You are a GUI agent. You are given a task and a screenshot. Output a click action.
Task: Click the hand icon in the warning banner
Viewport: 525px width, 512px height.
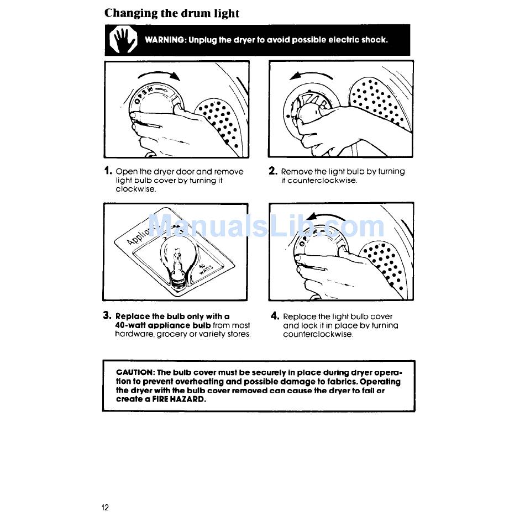(123, 40)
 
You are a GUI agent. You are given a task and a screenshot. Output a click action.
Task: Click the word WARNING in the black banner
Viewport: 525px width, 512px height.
(165, 40)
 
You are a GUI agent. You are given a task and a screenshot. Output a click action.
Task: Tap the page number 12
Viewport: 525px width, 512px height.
(105, 508)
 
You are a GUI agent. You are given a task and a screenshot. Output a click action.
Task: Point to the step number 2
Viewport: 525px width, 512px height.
(273, 171)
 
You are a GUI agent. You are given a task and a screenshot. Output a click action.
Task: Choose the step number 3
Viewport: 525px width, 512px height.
(107, 315)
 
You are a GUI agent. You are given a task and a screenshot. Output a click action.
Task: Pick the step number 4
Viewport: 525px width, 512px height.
(275, 315)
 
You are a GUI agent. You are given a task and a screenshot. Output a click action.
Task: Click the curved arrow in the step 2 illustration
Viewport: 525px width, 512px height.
(311, 75)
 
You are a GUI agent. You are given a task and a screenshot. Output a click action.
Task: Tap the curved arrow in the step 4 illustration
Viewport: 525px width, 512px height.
(327, 215)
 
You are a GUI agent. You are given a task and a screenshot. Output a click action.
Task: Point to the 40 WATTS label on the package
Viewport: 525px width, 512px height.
(205, 269)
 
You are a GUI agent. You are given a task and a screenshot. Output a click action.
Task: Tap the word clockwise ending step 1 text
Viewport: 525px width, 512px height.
(135, 189)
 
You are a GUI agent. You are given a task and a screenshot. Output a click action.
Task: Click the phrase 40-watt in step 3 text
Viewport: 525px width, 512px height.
(130, 325)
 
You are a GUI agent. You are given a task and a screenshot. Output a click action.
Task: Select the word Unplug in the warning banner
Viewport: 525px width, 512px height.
(203, 40)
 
